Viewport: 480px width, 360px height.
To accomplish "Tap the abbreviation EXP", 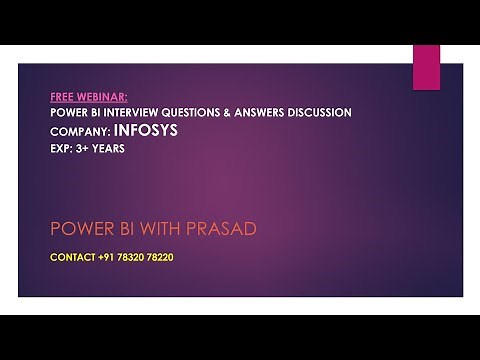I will [61, 146].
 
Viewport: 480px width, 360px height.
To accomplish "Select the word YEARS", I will [113, 146].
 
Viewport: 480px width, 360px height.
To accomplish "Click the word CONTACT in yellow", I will [72, 257].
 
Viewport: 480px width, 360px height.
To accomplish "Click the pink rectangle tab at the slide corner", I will [426, 67].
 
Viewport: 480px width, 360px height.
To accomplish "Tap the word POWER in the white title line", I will [68, 113].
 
